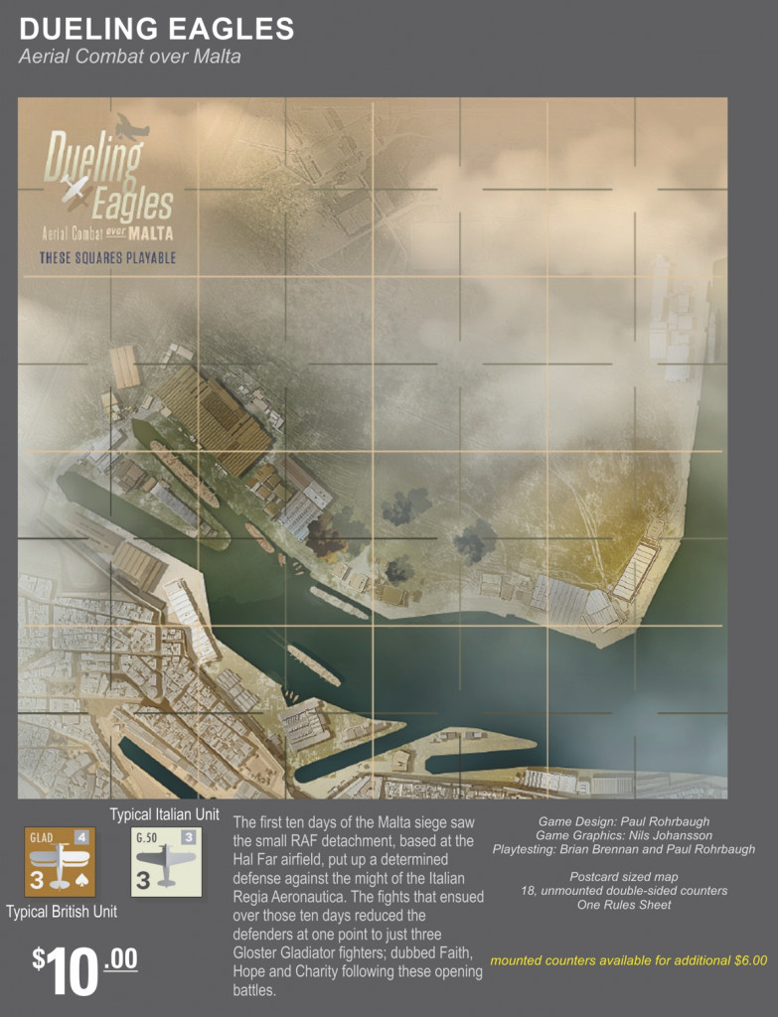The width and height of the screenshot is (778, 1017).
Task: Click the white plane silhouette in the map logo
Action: (76, 189)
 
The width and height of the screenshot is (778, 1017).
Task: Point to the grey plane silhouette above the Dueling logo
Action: (131, 126)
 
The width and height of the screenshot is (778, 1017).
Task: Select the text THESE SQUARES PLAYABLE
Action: (107, 258)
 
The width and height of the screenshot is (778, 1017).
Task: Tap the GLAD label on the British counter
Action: (43, 837)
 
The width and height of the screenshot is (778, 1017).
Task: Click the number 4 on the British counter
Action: (81, 837)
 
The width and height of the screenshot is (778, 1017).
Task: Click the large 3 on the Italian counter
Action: (143, 879)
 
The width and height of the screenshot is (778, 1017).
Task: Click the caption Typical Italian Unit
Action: (164, 815)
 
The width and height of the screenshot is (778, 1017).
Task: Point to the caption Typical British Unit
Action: (61, 911)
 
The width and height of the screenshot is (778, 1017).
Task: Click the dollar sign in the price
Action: (39, 958)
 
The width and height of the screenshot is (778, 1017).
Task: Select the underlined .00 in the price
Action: (120, 959)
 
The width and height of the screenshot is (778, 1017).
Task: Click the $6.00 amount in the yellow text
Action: (746, 960)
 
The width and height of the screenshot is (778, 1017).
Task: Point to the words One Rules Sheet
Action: (623, 905)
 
